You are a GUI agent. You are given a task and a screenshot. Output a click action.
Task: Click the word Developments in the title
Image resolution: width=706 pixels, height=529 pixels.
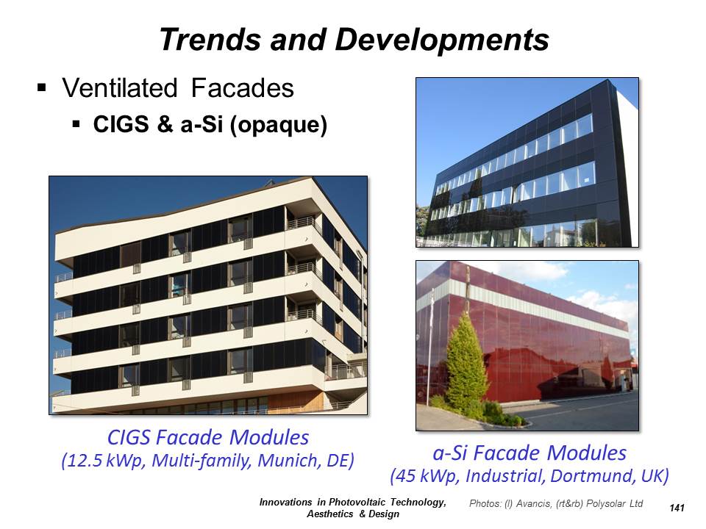(442, 40)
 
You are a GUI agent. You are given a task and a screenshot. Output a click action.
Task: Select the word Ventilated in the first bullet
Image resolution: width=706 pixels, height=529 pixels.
(120, 87)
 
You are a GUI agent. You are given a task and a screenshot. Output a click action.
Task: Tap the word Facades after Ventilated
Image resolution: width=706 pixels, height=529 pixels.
(242, 87)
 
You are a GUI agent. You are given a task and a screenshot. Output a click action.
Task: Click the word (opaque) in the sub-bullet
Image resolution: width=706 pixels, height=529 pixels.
(278, 125)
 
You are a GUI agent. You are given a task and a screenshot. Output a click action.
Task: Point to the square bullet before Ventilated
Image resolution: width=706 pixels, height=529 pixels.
(42, 87)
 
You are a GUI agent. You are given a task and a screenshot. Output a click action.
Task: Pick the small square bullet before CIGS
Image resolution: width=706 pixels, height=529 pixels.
(76, 123)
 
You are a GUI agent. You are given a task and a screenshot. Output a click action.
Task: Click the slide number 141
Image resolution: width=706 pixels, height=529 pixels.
(677, 508)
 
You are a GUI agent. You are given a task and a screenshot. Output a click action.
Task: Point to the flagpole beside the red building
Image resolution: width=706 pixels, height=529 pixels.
(429, 346)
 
